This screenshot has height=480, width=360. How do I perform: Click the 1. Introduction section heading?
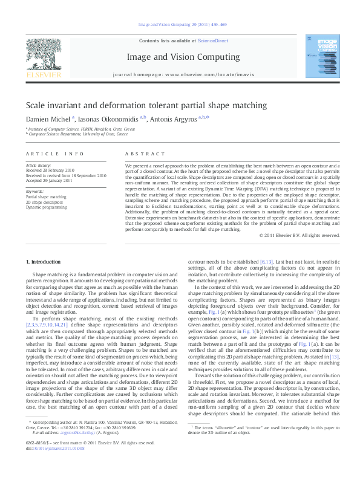[43, 262]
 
